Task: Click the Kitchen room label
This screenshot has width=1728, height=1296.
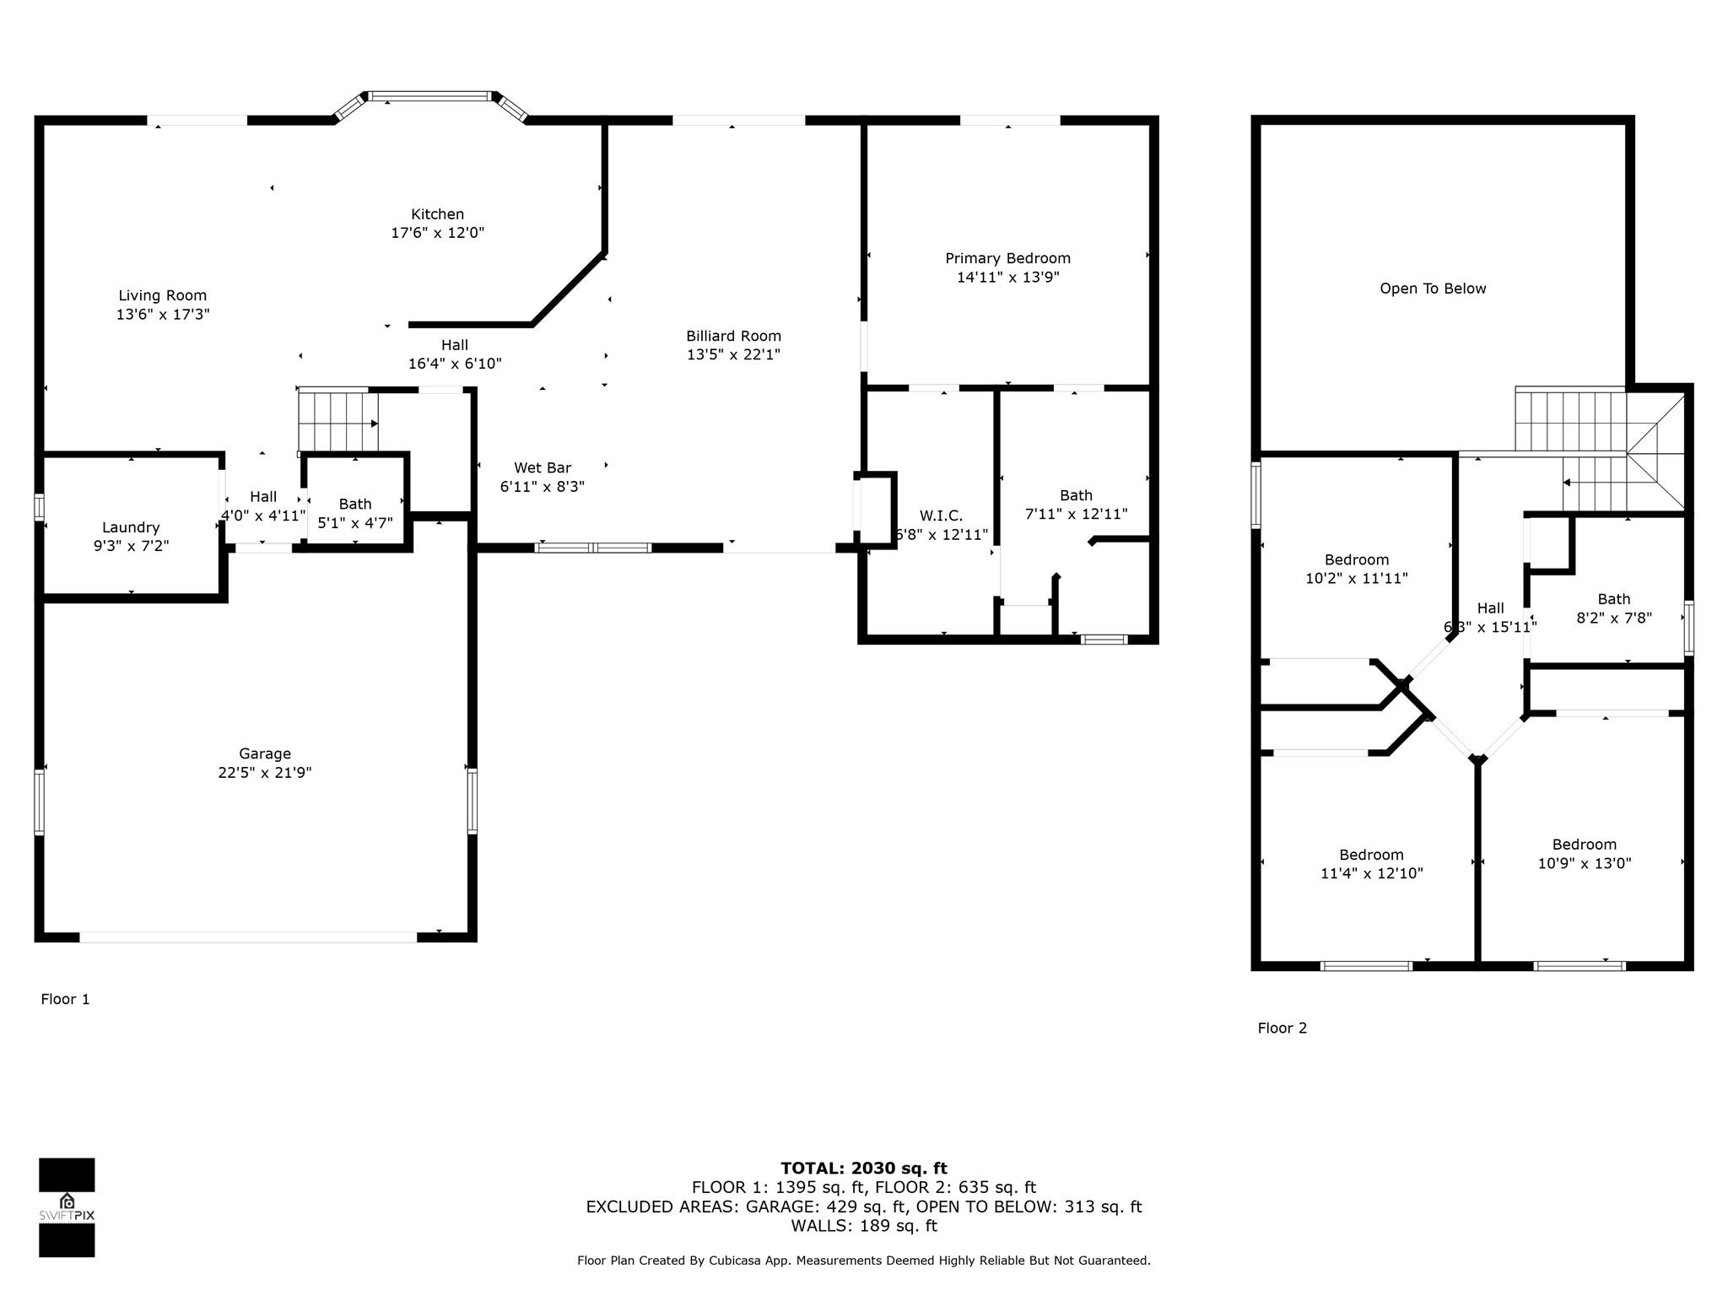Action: click(x=437, y=214)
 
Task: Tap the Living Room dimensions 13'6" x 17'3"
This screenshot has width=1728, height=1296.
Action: click(x=163, y=315)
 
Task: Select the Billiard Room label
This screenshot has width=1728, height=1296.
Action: click(x=733, y=336)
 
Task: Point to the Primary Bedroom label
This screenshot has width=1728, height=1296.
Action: click(x=1007, y=258)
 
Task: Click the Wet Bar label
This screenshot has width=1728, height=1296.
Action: click(x=543, y=467)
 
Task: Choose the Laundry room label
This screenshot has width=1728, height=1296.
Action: click(x=131, y=527)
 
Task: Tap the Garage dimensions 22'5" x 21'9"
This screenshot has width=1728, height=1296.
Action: click(x=265, y=773)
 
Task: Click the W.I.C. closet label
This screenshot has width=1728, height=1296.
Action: click(x=941, y=516)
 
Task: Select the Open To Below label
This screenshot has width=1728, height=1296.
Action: click(x=1433, y=289)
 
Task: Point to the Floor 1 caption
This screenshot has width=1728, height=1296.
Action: click(x=65, y=999)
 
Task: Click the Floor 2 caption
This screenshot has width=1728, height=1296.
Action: click(x=1282, y=1028)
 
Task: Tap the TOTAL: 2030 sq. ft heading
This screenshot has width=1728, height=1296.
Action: click(x=864, y=1169)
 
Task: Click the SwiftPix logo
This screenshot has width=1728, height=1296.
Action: click(x=67, y=1207)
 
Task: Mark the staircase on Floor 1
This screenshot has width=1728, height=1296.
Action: click(x=337, y=420)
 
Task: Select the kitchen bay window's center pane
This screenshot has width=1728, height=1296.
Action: click(x=430, y=96)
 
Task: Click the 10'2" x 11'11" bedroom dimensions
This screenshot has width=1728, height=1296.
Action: click(x=1356, y=579)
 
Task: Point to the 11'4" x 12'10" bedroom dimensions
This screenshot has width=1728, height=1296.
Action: click(x=1371, y=873)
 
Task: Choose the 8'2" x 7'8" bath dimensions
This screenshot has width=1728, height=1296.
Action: click(x=1614, y=618)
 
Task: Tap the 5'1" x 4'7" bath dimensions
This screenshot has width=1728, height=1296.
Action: click(x=355, y=523)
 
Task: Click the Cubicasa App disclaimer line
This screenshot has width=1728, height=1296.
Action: click(x=864, y=1261)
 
